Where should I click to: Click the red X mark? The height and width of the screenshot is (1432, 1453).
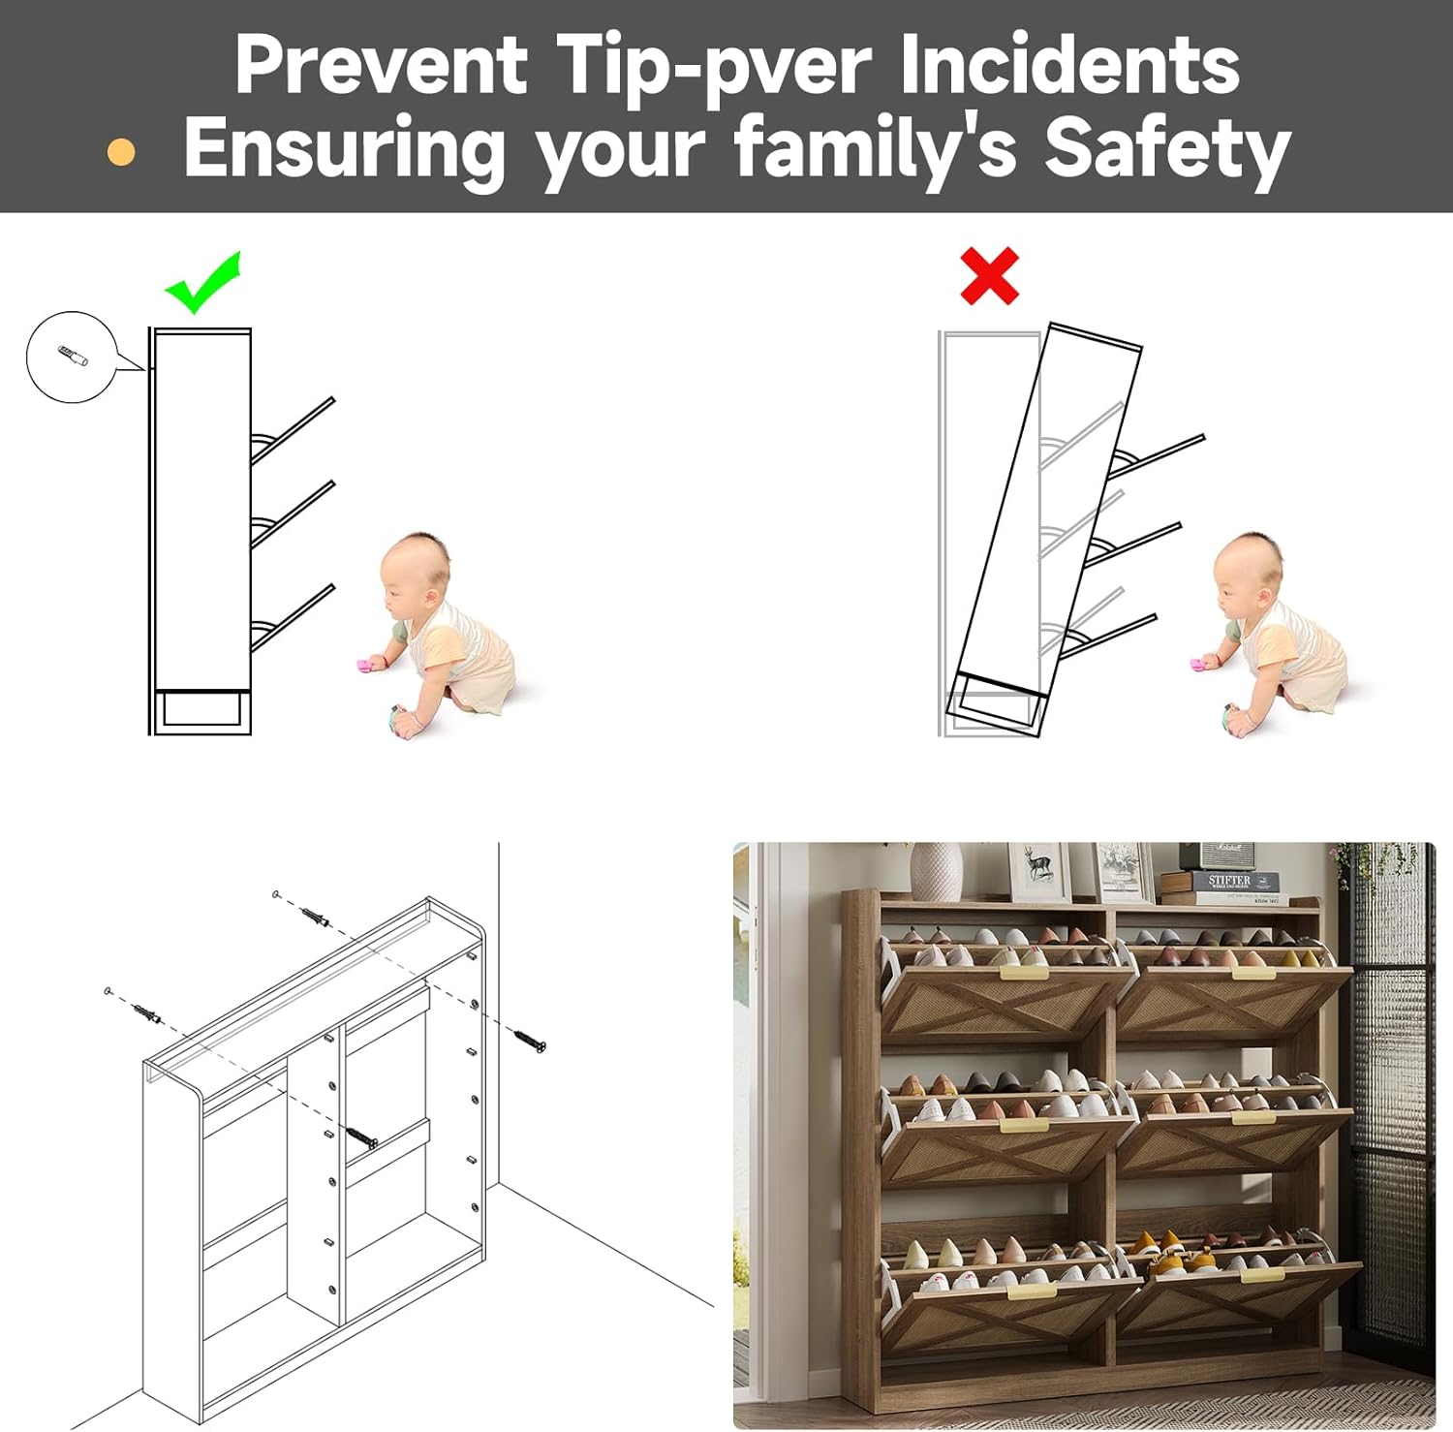tap(989, 276)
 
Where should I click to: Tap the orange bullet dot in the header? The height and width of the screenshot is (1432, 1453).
tap(121, 152)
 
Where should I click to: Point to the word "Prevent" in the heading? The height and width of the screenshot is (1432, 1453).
tap(381, 64)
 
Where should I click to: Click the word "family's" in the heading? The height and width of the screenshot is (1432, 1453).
tap(875, 148)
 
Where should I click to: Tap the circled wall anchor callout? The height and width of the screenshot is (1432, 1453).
tap(72, 357)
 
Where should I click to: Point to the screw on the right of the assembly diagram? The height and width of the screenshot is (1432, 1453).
tap(529, 1041)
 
